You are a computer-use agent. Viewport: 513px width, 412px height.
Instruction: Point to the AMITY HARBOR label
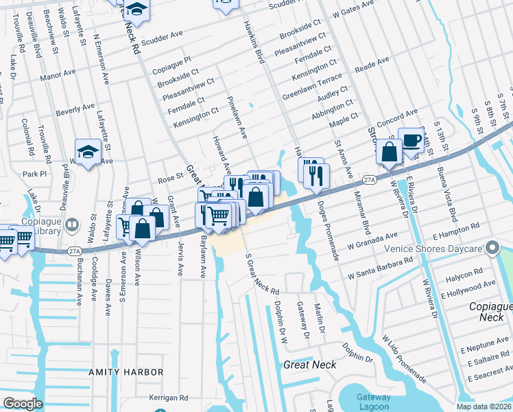(x=126, y=372)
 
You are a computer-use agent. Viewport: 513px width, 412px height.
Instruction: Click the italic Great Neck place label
(x=310, y=365)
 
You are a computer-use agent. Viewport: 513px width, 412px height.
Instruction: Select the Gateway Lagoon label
(x=373, y=402)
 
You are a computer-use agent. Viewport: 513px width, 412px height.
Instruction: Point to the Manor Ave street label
(x=57, y=76)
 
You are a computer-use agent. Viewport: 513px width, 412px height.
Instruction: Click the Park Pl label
(x=33, y=174)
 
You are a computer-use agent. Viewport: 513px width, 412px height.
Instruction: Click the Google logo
(x=23, y=403)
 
